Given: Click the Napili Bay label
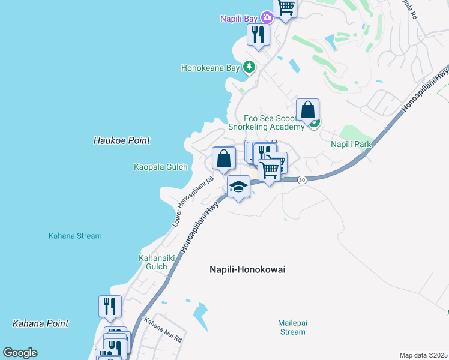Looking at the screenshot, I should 238,19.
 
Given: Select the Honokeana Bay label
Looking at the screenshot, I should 211,68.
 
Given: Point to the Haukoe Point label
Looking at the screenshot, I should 122,140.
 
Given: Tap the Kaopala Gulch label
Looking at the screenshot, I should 160,167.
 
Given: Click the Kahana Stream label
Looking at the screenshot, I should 75,236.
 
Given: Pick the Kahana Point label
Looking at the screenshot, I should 40,323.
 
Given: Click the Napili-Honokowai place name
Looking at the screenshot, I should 247,270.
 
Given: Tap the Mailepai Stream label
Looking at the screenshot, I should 292,327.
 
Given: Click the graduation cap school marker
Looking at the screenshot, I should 238,187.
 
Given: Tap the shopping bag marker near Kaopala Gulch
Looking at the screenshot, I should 223,159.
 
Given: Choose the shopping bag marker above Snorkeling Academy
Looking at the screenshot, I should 307,110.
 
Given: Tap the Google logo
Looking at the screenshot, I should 20,353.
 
